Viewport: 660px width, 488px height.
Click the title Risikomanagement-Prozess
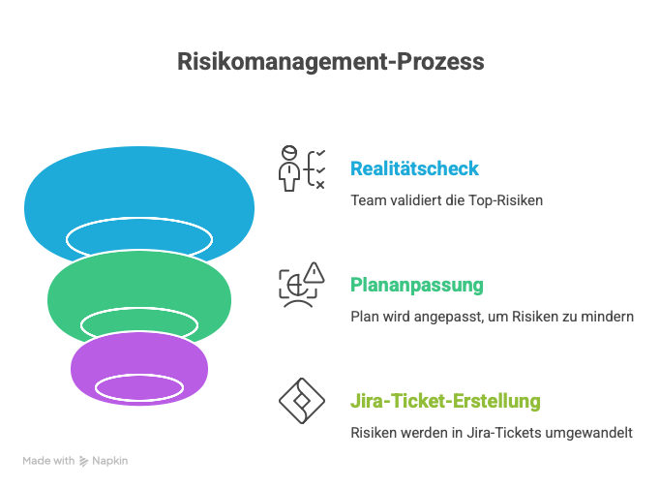[x=330, y=62]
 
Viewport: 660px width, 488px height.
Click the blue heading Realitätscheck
[x=414, y=168]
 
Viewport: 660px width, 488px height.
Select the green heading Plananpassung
[x=416, y=286]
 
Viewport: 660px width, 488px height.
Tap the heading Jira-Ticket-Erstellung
[x=445, y=401]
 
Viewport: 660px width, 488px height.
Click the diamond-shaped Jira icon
[x=301, y=401]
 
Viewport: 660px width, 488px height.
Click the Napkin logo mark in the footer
[x=83, y=462]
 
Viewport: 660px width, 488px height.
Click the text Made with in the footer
[x=48, y=462]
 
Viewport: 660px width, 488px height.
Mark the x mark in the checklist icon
[x=320, y=184]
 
